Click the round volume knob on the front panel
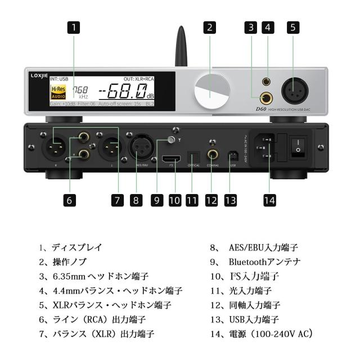(x=212, y=91)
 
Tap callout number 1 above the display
(x=74, y=28)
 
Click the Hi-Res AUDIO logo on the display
(x=58, y=93)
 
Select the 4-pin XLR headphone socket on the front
(x=296, y=90)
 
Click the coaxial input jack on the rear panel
(x=213, y=154)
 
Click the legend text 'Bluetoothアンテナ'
(x=265, y=262)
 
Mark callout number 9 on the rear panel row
(x=157, y=199)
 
